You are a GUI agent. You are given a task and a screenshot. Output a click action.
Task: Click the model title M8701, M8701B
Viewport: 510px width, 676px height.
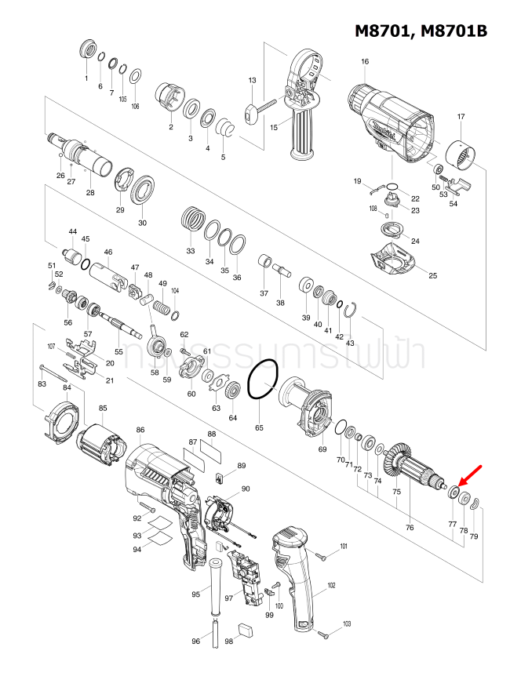[421, 31]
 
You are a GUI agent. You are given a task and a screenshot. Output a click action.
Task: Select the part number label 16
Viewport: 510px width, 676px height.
[365, 62]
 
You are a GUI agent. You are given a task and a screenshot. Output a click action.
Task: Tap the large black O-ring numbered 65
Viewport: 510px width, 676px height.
[263, 380]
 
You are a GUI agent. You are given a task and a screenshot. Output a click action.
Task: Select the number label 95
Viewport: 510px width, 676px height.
[196, 596]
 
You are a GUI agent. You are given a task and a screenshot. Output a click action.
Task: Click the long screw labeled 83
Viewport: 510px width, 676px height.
[59, 369]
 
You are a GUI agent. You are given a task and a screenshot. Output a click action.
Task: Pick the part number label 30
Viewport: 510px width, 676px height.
[142, 223]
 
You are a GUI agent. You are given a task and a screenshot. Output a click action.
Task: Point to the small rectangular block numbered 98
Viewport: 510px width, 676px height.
[245, 627]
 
